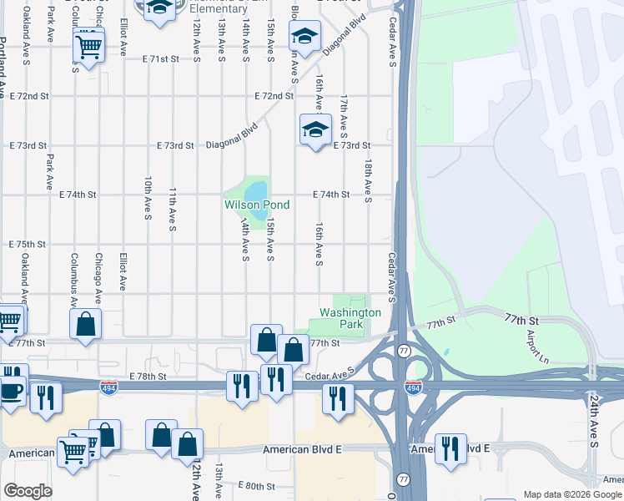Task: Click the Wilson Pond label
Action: coord(256,205)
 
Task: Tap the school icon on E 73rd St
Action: coord(315,130)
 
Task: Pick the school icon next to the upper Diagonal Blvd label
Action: coord(305,37)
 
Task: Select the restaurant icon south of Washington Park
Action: coord(338,397)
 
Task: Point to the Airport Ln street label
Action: coord(534,341)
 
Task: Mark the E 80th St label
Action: coord(257,485)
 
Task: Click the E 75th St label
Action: coord(28,245)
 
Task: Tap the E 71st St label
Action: coord(161,59)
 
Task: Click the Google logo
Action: coord(28,491)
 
